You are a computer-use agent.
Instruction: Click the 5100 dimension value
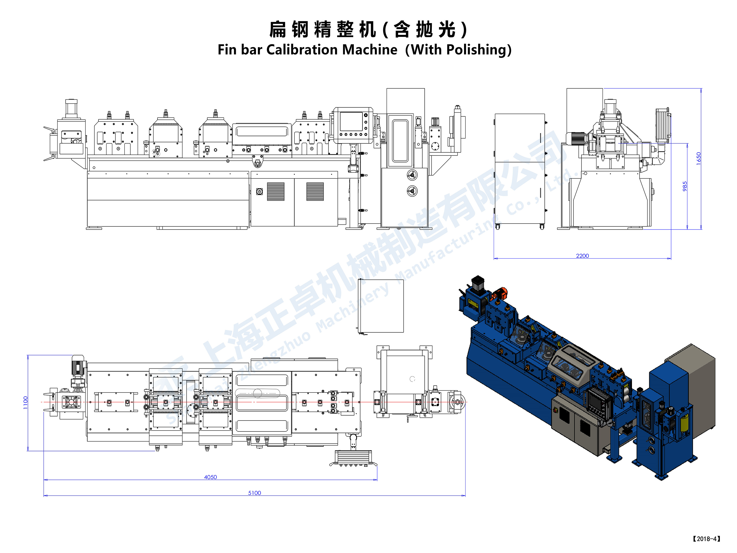(254, 493)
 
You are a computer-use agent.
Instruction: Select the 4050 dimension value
(210, 477)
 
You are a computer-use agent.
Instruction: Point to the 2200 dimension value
(582, 256)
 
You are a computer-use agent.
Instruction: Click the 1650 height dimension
(699, 158)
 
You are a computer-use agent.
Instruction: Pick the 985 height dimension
(685, 186)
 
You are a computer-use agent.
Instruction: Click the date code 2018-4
(706, 539)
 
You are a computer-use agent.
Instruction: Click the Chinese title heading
(368, 29)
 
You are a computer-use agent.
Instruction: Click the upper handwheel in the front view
(412, 174)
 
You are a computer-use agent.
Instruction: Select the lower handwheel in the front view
(412, 191)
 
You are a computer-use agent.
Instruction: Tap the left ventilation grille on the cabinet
(276, 192)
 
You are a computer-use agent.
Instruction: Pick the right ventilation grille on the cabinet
(315, 192)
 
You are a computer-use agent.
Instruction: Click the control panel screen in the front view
(351, 121)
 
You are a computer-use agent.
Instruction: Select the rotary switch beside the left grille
(259, 192)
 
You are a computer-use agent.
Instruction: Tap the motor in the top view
(78, 366)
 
